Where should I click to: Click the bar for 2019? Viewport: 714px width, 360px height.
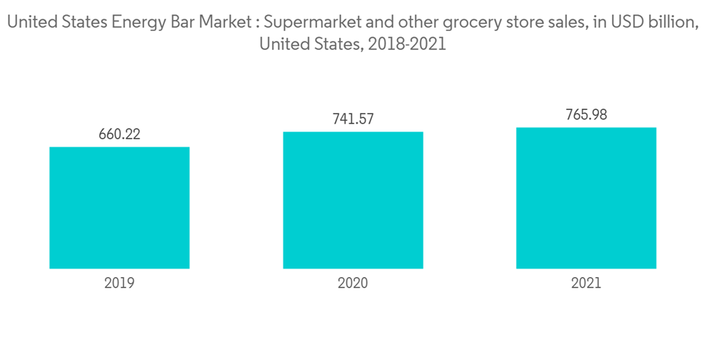pyautogui.click(x=119, y=208)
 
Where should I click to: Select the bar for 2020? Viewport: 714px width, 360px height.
pyautogui.click(x=353, y=200)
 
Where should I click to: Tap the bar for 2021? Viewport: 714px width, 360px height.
pyautogui.click(x=585, y=198)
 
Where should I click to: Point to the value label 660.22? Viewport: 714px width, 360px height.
pyautogui.click(x=119, y=134)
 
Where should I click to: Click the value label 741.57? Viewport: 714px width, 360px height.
pyautogui.click(x=353, y=119)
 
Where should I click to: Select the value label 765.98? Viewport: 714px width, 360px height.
pyautogui.click(x=585, y=114)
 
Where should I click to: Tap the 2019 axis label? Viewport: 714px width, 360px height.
pyautogui.click(x=119, y=283)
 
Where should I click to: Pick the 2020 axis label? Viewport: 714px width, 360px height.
pyautogui.click(x=353, y=283)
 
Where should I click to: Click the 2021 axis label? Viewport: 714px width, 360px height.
pyautogui.click(x=585, y=283)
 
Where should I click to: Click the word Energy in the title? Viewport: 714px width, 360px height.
pyautogui.click(x=136, y=22)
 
